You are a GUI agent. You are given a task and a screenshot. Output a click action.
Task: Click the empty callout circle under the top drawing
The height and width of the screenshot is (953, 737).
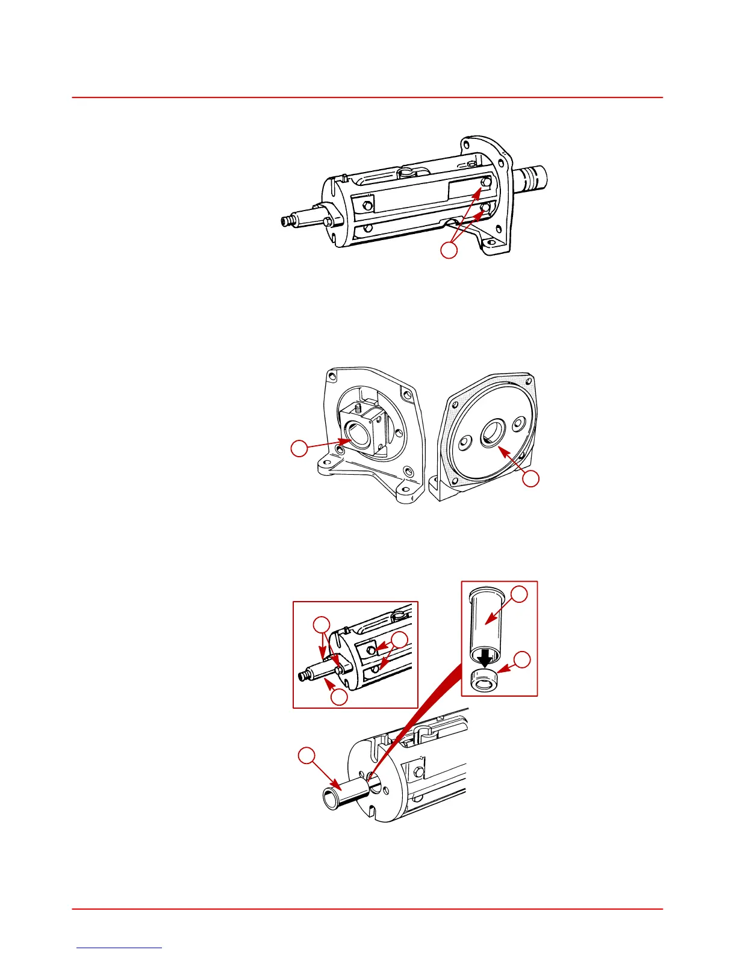pos(449,250)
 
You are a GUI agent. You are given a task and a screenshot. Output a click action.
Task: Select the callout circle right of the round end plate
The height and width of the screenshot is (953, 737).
pos(530,479)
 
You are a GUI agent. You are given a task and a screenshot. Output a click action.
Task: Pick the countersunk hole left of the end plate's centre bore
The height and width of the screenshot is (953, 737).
pos(464,444)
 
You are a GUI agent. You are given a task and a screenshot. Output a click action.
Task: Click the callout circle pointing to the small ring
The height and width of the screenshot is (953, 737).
pos(523,660)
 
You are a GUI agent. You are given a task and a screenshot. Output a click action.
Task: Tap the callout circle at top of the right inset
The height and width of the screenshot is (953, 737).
pos(520,594)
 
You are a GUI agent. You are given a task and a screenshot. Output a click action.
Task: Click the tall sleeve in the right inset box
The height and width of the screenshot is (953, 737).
pos(487,620)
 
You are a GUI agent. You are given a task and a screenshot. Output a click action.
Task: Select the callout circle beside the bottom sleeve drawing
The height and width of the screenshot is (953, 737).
pos(308,756)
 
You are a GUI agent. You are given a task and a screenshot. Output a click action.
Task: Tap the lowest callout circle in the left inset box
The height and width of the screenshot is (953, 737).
pos(339,697)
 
